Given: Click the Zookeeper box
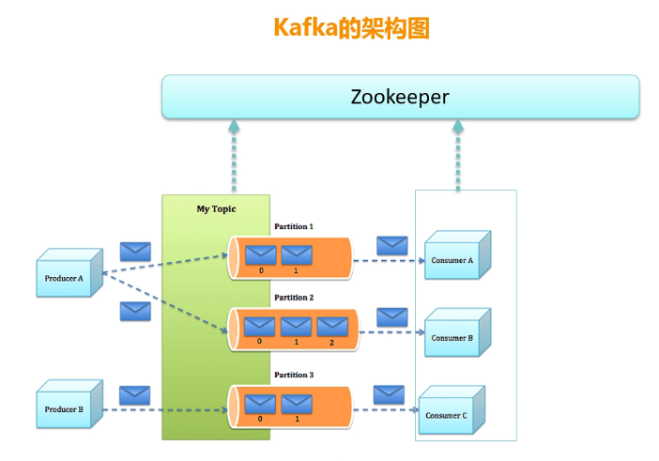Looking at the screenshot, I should point(400,97).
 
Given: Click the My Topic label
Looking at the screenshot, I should point(216,208).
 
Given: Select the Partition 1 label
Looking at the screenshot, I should point(294,226).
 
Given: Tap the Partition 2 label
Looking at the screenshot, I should point(294,298).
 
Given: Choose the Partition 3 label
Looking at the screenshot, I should point(294,375).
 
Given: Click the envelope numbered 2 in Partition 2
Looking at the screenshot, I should point(332,327).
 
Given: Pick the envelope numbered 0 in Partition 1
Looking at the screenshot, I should point(261,254).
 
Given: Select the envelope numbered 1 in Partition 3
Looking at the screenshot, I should point(297,404).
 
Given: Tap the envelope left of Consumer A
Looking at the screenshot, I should point(392,246).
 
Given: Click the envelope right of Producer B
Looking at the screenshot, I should point(135,395).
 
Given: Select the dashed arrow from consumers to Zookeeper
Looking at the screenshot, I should point(458,155).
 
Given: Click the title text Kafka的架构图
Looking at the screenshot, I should point(351,27).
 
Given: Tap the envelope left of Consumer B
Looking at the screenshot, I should point(392,317).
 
